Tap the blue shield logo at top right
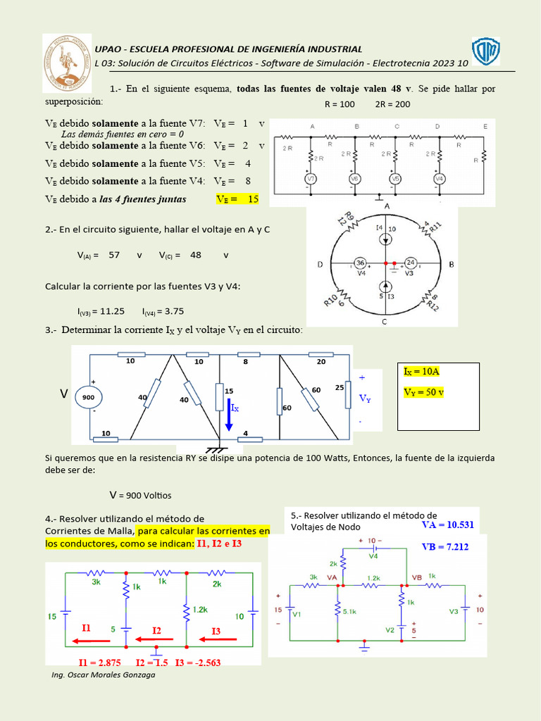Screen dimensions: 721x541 [485, 51]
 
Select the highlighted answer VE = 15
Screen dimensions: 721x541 [237, 199]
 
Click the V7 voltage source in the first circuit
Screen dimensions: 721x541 [310, 179]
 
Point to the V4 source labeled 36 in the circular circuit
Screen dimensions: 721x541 [359, 263]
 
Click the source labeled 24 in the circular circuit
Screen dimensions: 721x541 [411, 263]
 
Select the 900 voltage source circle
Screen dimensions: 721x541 [89, 398]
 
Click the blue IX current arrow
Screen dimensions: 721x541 [228, 415]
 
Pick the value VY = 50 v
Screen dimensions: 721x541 [424, 392]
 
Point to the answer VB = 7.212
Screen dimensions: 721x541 [445, 546]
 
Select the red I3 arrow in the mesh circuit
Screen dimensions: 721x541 [220, 640]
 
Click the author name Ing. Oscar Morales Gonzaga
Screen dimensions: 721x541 [104, 675]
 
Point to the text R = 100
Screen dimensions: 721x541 [340, 104]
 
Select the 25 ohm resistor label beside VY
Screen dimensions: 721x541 [338, 388]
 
